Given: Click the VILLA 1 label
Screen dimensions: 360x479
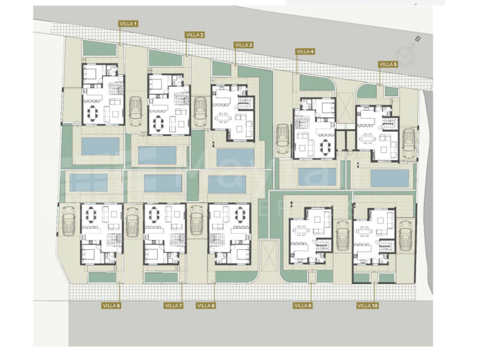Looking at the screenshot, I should click(x=128, y=24).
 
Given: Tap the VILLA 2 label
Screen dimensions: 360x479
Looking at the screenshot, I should click(x=194, y=34).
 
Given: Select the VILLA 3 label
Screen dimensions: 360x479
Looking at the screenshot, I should click(x=243, y=45).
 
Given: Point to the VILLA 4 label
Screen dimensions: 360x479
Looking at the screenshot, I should click(x=305, y=52).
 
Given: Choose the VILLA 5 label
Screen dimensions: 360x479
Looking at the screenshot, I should click(x=387, y=65).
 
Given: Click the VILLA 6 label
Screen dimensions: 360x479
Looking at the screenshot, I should click(x=111, y=306).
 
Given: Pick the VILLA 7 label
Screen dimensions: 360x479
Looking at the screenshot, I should click(x=173, y=306).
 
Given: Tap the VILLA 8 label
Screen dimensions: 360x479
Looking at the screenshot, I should click(x=206, y=306).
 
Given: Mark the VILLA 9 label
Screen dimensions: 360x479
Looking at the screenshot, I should click(x=302, y=306).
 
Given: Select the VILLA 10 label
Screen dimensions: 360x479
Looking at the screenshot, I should click(x=368, y=306).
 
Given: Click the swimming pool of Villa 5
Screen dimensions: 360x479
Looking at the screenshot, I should click(x=391, y=178).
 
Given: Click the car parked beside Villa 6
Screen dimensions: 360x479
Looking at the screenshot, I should click(x=69, y=221).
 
